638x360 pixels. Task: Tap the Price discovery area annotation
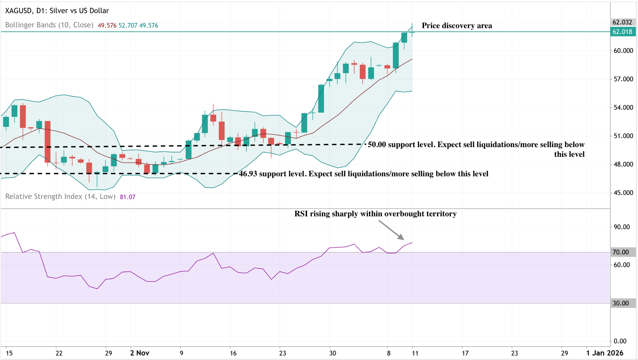click(x=457, y=26)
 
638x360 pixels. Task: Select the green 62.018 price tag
click(x=622, y=32)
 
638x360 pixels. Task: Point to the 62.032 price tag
click(x=622, y=22)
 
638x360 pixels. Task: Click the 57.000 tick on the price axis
click(x=623, y=79)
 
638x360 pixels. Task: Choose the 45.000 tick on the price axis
click(x=623, y=193)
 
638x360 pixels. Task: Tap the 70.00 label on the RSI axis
click(x=621, y=252)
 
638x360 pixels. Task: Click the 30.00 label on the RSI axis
click(x=621, y=303)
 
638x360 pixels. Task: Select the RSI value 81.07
click(x=127, y=197)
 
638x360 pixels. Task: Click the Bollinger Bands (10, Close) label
click(x=49, y=25)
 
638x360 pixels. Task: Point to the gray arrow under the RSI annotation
click(x=391, y=230)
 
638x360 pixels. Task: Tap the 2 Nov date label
click(x=140, y=353)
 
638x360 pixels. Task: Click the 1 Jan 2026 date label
click(x=604, y=353)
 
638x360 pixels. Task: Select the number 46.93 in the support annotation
click(x=248, y=174)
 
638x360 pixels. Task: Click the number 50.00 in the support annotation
click(x=377, y=145)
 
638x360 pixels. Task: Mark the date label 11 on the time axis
click(x=415, y=353)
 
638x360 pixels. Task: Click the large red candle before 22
click(x=47, y=142)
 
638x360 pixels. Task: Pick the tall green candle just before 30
click(x=321, y=98)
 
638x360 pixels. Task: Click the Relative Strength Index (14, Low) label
click(x=60, y=197)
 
